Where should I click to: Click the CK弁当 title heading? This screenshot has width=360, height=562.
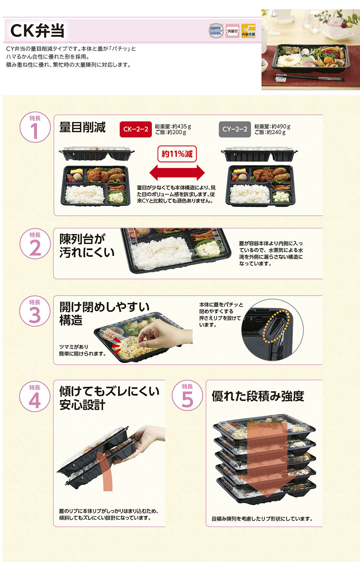(37, 31)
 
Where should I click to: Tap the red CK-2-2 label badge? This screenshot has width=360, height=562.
(135, 130)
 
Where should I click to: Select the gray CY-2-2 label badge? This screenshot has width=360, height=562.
(235, 130)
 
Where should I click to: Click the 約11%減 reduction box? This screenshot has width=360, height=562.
(177, 154)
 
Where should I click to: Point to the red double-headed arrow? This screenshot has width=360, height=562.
(177, 173)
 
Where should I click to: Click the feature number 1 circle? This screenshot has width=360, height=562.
(35, 127)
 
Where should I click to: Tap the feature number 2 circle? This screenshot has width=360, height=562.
(35, 244)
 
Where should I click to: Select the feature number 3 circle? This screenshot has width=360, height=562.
(35, 311)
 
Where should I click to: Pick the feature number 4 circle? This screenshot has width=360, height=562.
(35, 396)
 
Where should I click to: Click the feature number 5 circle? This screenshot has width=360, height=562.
(187, 396)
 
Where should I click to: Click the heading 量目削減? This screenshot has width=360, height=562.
(82, 127)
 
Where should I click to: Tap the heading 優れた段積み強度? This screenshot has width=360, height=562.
(258, 396)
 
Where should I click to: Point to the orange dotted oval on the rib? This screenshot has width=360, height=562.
(275, 326)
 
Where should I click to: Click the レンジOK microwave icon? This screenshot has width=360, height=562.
(216, 31)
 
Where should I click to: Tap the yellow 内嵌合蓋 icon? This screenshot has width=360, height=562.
(248, 31)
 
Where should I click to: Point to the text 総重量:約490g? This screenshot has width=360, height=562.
(272, 126)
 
